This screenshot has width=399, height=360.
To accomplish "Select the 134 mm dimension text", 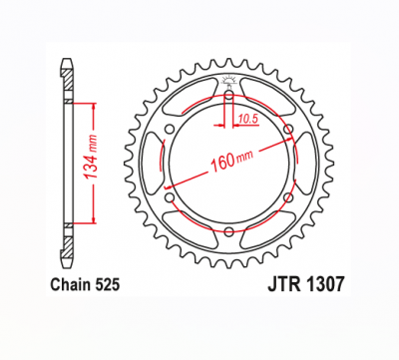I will pos(91,162).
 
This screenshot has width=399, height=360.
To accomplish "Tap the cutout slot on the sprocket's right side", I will pos(302,164).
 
